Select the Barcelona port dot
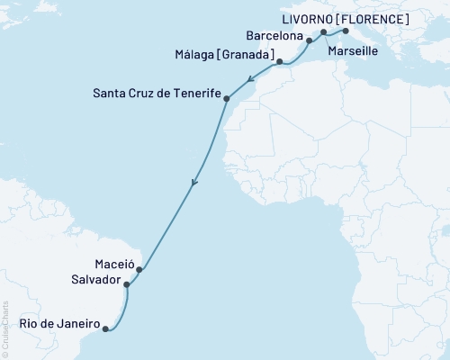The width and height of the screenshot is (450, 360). [x=309, y=40]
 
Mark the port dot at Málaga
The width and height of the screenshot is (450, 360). [x=280, y=62]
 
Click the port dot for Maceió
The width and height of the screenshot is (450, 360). [x=139, y=268]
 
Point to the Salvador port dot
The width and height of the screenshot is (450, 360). [x=127, y=284]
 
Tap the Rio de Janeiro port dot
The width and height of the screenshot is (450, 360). [x=106, y=328]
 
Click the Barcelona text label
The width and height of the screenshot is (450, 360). [x=273, y=36]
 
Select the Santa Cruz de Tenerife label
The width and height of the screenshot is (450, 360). [x=156, y=92]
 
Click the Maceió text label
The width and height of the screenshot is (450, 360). [x=113, y=265]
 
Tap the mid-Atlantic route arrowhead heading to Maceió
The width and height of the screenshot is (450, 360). [x=193, y=185]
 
